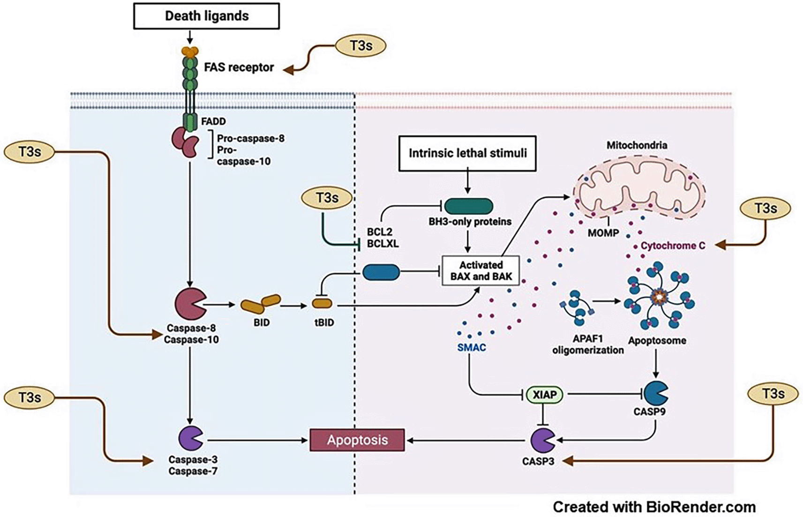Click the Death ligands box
(206, 16)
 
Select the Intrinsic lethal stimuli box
(467, 153)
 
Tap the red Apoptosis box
(357, 440)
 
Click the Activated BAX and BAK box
(481, 271)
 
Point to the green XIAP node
(544, 395)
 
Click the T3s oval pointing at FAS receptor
(361, 46)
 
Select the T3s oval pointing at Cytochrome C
(765, 209)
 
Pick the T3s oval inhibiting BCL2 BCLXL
(327, 198)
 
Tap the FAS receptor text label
(239, 67)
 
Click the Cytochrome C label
(673, 246)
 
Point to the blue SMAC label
(472, 348)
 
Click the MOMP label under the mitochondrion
(603, 233)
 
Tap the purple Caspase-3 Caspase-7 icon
(190, 439)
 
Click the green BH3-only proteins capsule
(468, 206)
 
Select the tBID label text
(324, 322)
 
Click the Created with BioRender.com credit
(654, 507)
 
